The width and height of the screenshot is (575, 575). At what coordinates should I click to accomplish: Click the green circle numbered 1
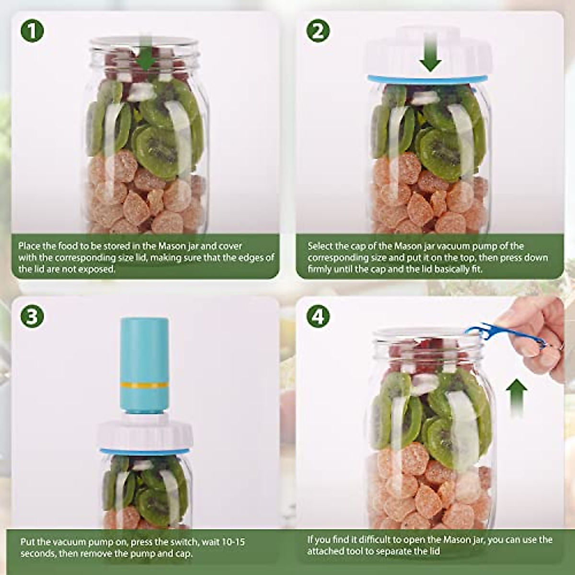click(x=32, y=31)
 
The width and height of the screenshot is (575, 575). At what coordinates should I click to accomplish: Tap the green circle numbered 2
click(x=318, y=31)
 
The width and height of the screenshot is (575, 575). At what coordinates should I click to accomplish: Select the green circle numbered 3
click(x=32, y=317)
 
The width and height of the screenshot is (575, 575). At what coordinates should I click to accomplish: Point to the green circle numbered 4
click(x=318, y=317)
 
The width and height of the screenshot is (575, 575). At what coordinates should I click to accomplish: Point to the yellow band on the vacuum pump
click(x=144, y=385)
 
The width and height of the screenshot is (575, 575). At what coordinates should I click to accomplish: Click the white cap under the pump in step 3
click(x=146, y=434)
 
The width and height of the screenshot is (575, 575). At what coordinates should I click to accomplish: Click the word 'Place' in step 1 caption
click(x=29, y=246)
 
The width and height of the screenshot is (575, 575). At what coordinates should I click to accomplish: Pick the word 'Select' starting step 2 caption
click(x=320, y=246)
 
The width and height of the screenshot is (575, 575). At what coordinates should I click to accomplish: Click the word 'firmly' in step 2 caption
click(x=319, y=269)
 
